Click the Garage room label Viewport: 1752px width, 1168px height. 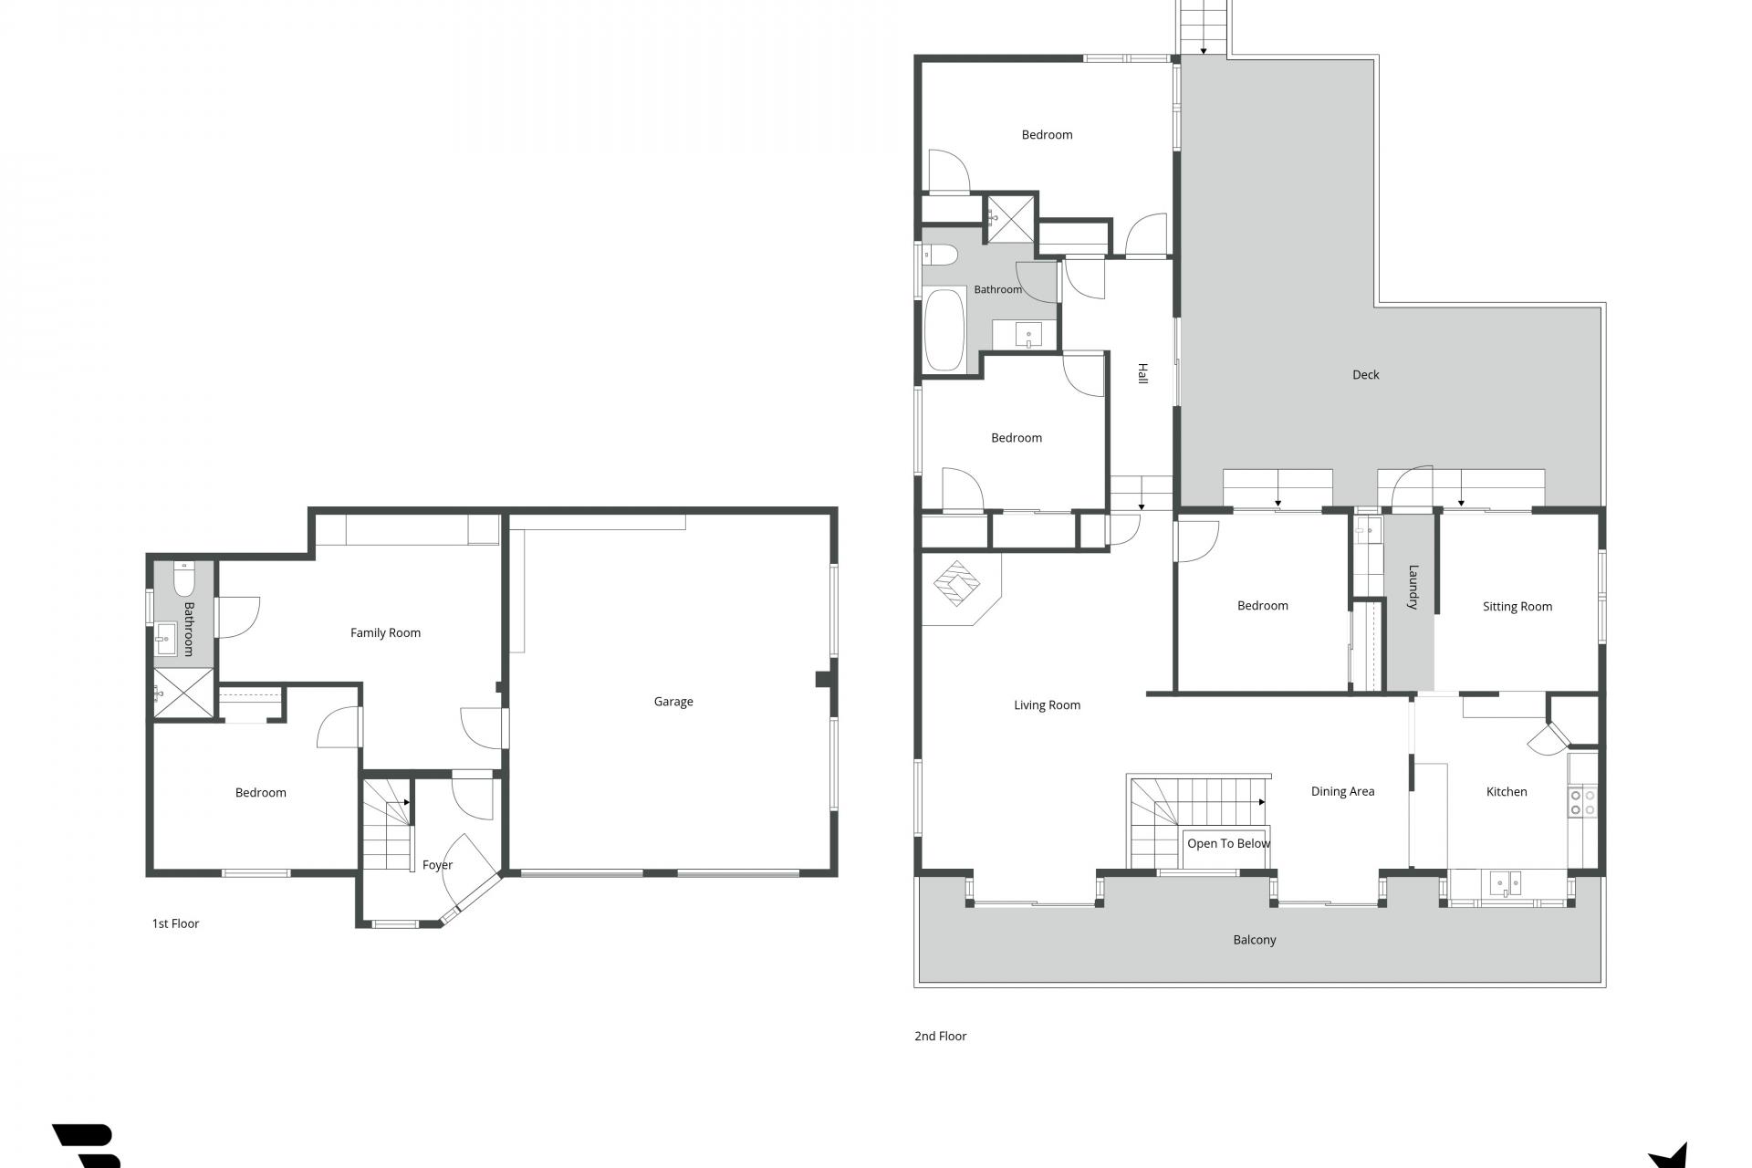point(673,702)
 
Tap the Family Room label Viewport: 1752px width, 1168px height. point(385,632)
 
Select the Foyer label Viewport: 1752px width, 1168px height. point(437,865)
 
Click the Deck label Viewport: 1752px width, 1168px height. point(1365,374)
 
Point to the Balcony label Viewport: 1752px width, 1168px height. point(1255,940)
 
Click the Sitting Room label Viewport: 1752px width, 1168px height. point(1517,606)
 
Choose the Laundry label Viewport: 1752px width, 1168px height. point(1413,587)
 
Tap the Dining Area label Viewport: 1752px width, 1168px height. point(1342,791)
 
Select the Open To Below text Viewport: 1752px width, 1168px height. point(1228,843)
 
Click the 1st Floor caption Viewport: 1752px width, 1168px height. point(175,923)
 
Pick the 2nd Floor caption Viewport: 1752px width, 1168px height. point(940,1036)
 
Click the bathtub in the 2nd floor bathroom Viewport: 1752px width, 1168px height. point(944,329)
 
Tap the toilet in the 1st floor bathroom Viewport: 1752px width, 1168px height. point(184,579)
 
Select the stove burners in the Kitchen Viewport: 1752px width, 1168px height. point(1582,802)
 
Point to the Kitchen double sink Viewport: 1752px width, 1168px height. point(1506,882)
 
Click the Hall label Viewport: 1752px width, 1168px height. point(1142,373)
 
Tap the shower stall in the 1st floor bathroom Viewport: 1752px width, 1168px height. point(183,694)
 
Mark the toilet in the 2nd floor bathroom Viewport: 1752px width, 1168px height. point(939,255)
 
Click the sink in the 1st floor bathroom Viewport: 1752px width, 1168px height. point(166,639)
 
